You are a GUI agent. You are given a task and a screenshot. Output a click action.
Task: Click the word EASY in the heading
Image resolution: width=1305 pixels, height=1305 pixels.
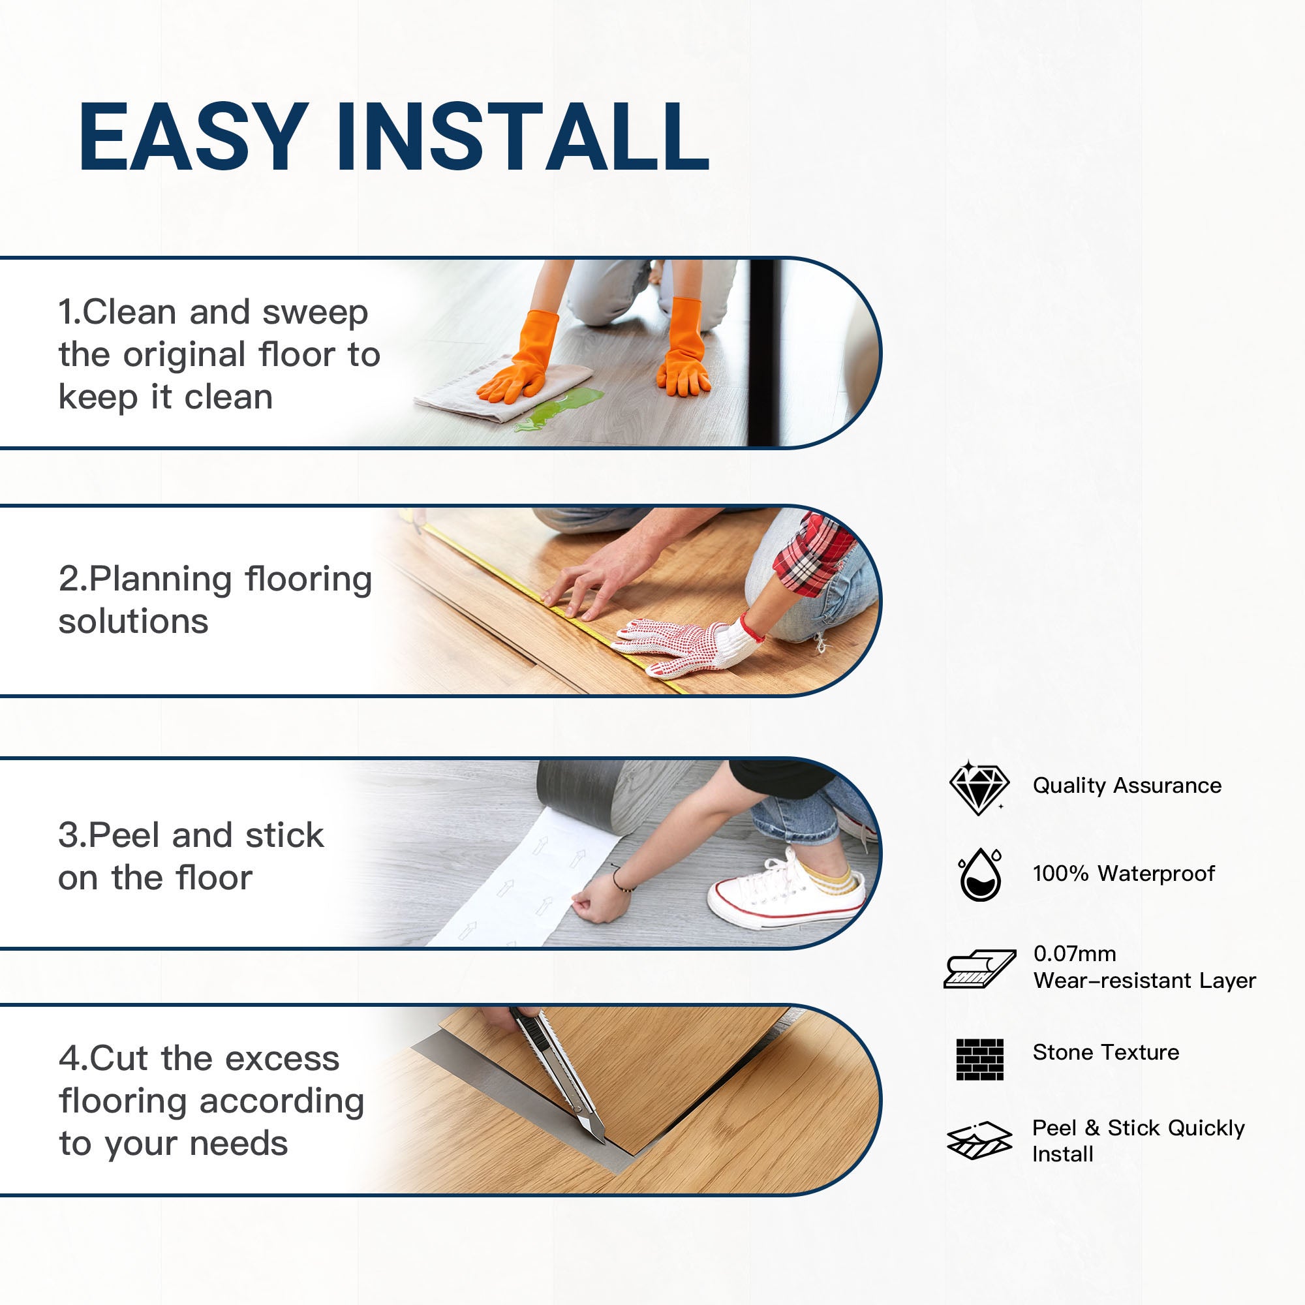coord(193,138)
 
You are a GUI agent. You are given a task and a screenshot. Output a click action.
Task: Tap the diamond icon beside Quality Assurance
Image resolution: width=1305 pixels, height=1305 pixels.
coord(978,788)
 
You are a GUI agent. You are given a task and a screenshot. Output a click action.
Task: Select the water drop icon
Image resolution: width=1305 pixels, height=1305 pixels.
coord(980,876)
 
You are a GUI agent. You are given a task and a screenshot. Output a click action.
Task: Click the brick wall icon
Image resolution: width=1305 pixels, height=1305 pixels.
coord(980,1059)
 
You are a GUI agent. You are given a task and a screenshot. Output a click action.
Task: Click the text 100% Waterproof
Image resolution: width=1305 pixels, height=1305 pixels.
coord(1124,874)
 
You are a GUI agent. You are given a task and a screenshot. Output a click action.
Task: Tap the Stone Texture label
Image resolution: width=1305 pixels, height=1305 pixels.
coord(1106,1052)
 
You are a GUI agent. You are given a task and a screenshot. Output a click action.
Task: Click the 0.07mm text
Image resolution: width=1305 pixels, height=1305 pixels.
coord(1075,954)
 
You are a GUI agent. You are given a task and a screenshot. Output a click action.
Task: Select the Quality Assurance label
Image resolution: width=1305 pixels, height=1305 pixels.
coord(1127,786)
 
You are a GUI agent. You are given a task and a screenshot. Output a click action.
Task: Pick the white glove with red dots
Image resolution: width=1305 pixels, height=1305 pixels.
coord(683,645)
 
